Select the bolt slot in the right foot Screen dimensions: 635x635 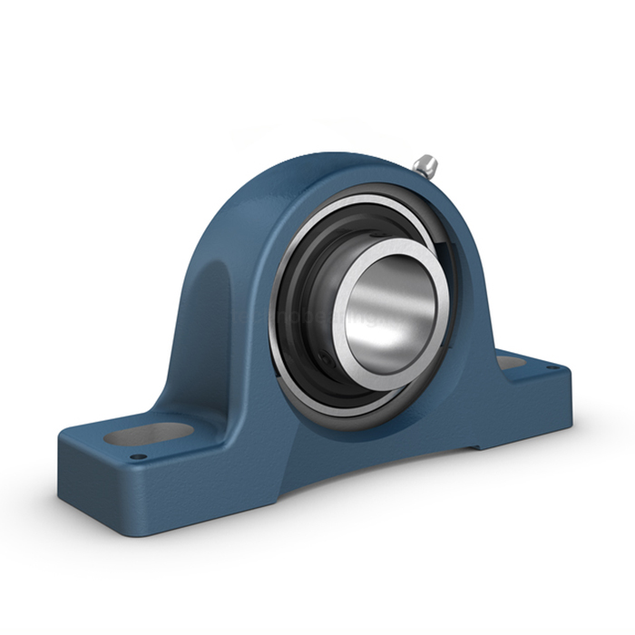(510, 362)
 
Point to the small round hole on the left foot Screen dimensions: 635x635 (137, 456)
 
